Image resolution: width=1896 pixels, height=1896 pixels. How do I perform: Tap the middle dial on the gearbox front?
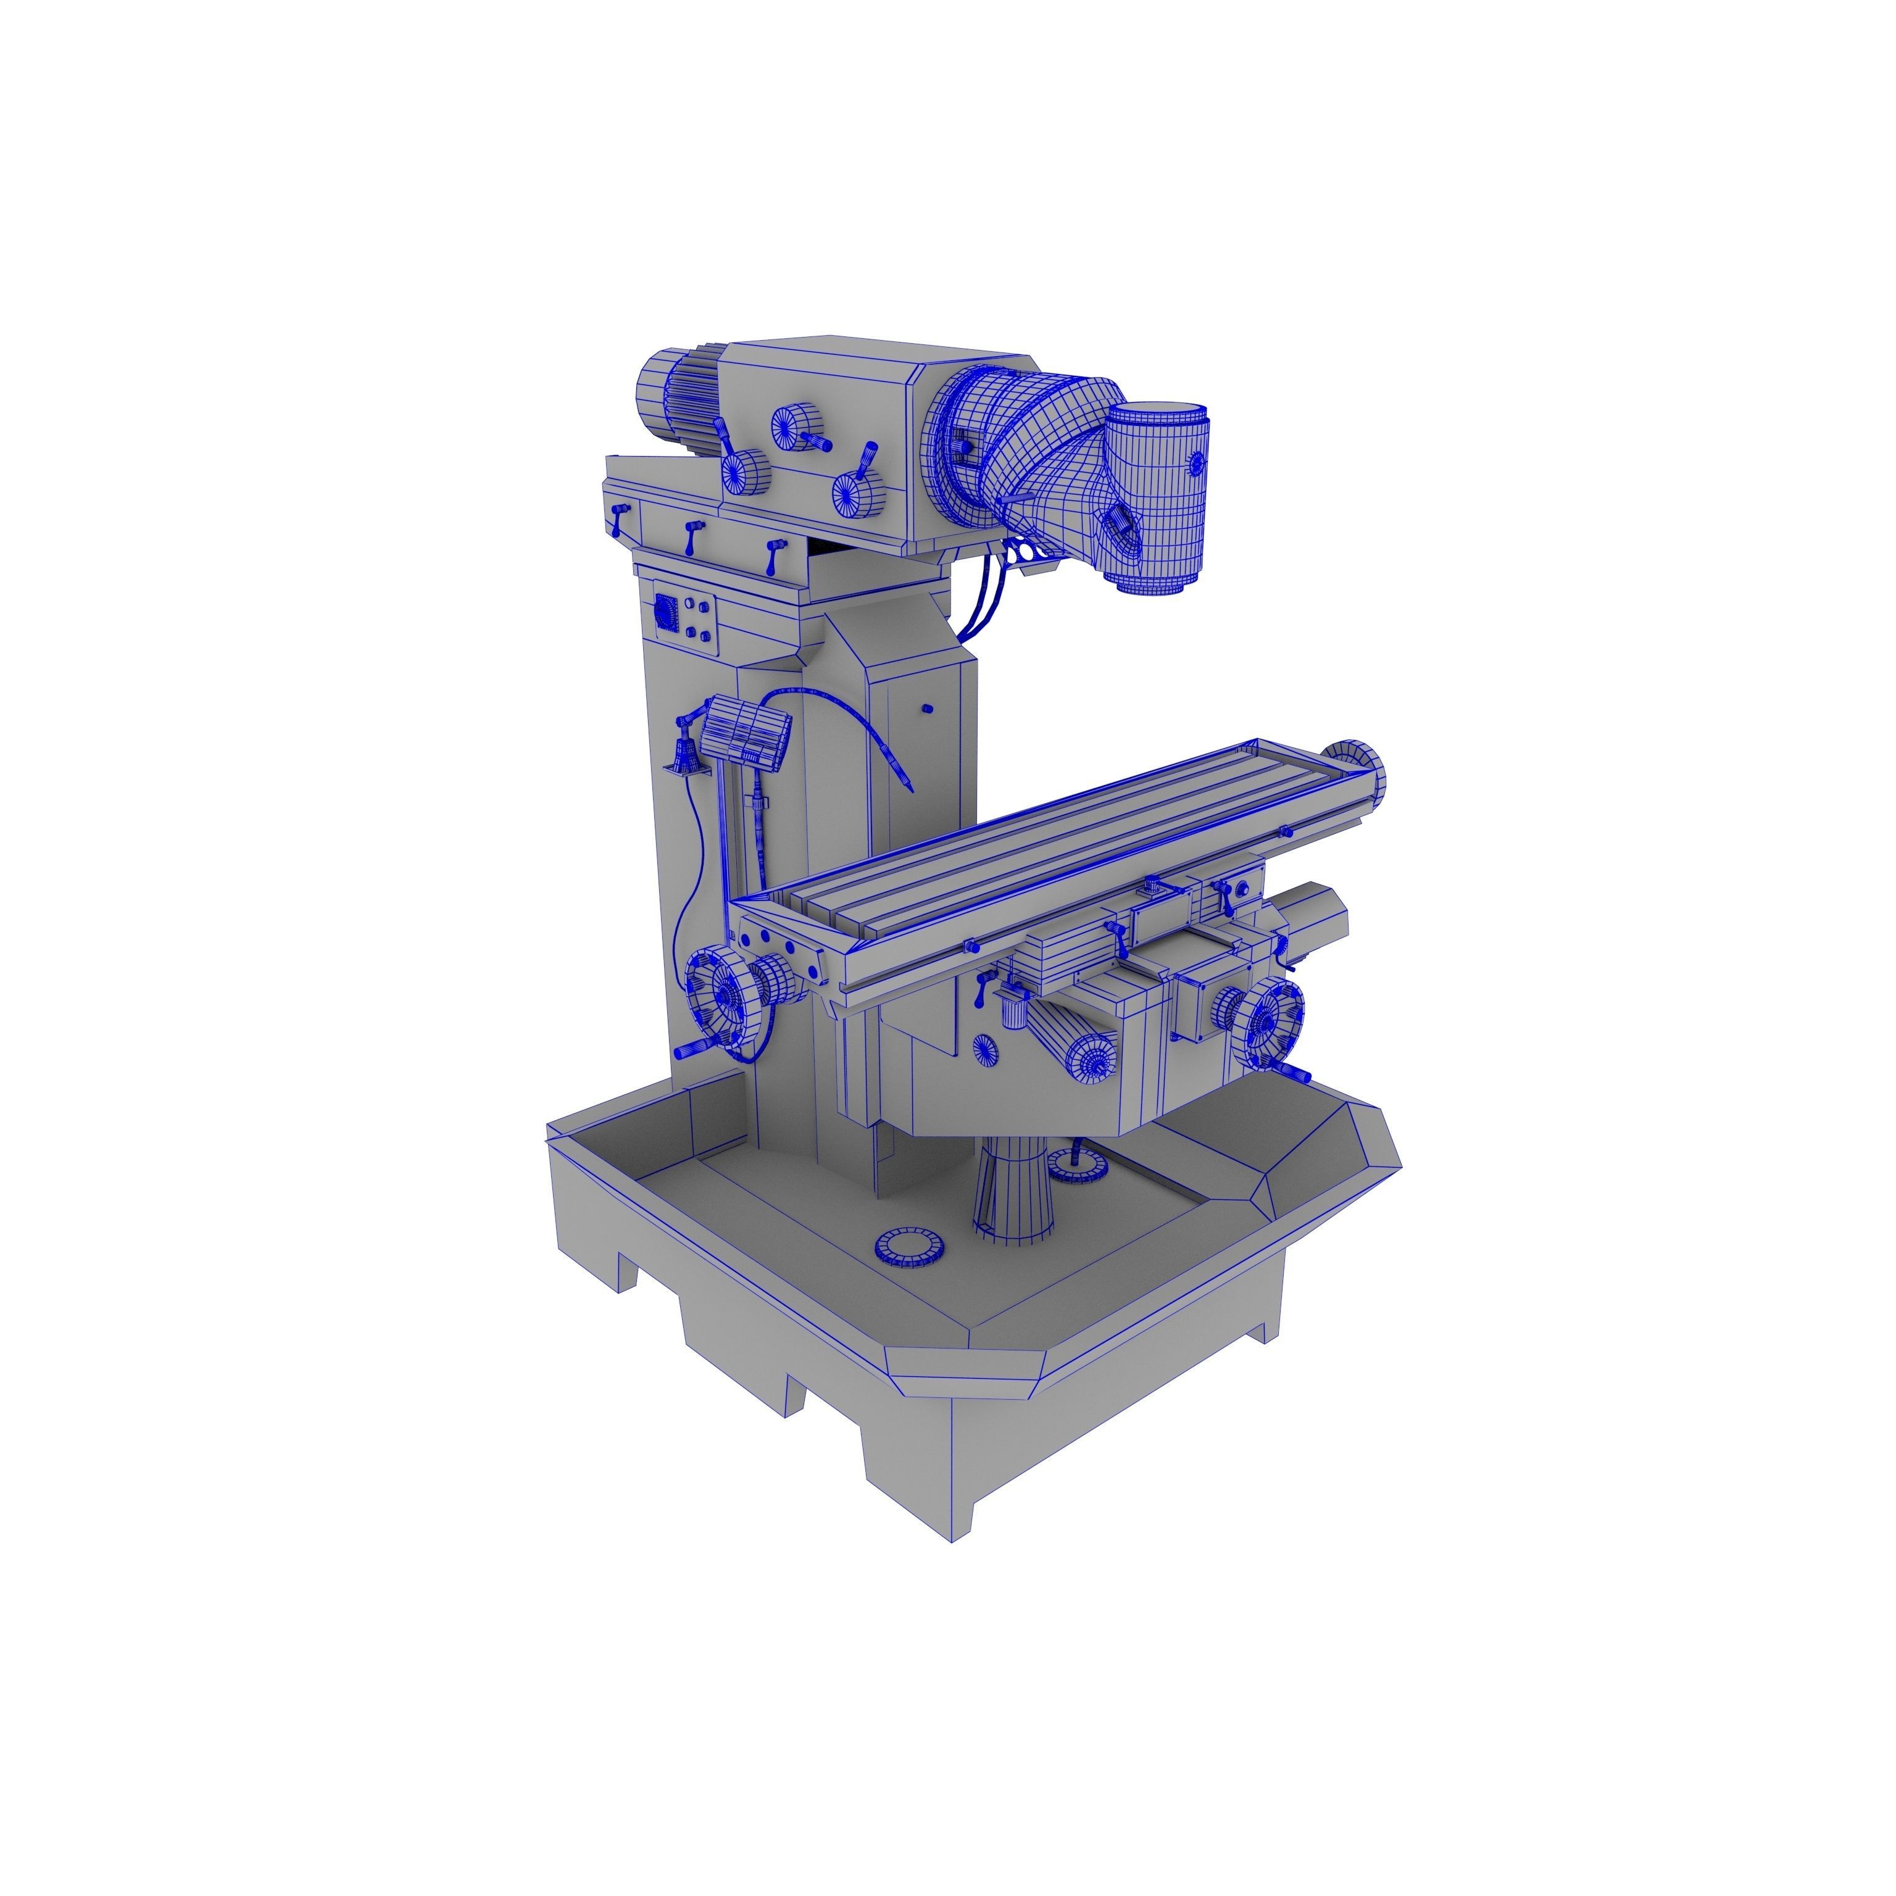coord(797,428)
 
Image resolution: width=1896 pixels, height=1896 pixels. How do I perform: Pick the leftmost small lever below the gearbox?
coord(619,517)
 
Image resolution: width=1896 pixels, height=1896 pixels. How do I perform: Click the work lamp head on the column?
coord(748,734)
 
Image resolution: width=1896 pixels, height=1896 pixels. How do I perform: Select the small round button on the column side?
coord(928,707)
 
